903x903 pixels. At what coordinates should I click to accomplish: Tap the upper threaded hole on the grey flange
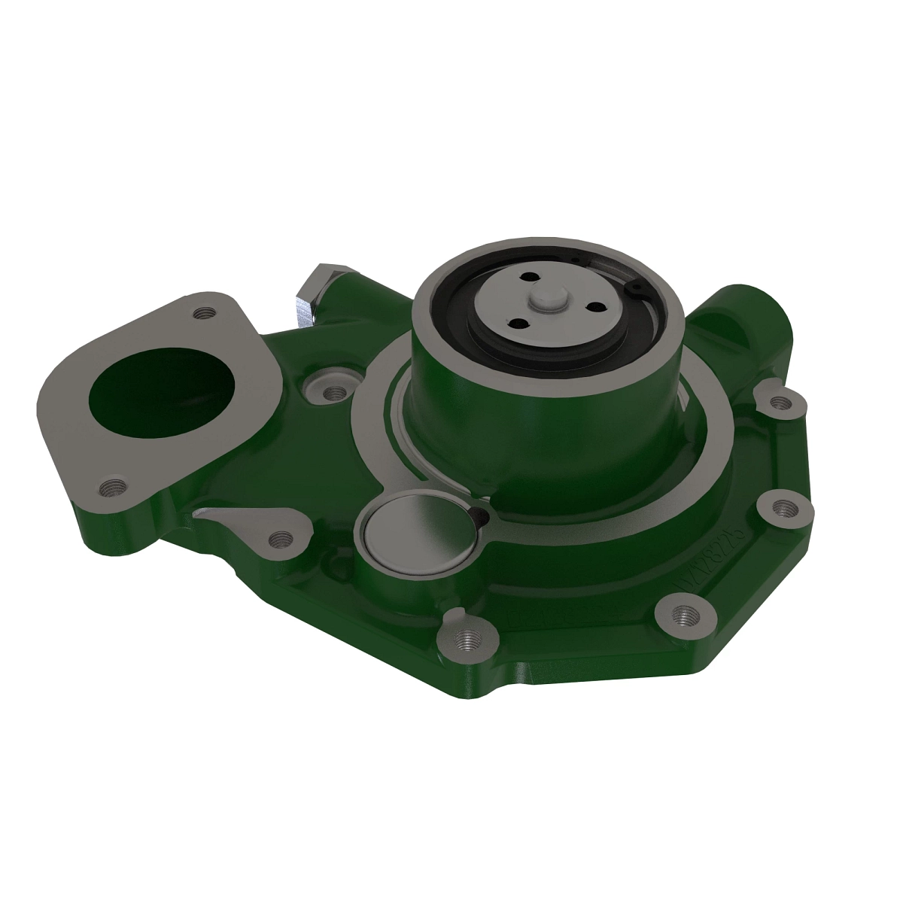pos(200,312)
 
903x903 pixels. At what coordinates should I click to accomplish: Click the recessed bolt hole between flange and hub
pos(330,391)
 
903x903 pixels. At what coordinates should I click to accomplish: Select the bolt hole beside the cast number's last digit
pos(783,508)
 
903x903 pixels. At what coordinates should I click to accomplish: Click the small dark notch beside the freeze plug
pos(477,514)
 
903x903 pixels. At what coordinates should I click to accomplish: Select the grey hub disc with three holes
pos(527,316)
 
